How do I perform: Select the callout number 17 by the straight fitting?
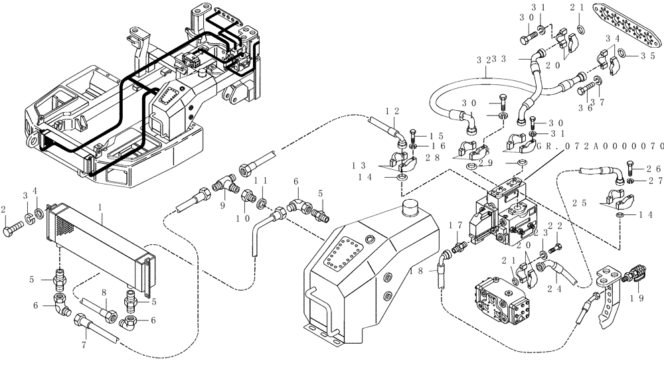click(456, 226)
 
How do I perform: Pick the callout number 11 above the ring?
click(262, 181)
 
